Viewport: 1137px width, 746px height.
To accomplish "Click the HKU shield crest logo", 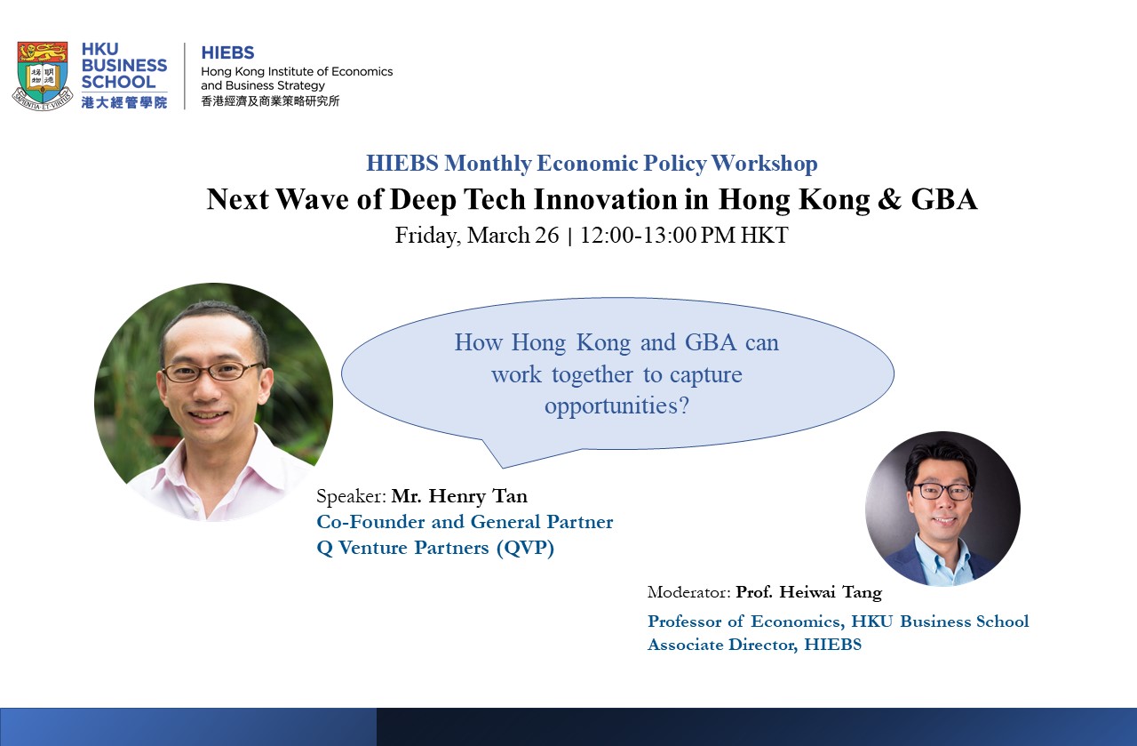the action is (43, 76).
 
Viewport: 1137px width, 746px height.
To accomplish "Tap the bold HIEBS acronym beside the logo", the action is (228, 52).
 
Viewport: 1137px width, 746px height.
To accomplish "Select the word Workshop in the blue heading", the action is (765, 164).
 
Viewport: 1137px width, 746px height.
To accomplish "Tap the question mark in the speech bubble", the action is (684, 405).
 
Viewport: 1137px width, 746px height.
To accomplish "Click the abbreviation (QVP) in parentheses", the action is (525, 548).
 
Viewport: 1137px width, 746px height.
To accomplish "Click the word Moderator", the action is (688, 592).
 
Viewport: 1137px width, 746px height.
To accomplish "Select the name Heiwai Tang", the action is (831, 592).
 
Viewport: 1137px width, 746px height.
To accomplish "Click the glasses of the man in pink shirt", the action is (211, 372).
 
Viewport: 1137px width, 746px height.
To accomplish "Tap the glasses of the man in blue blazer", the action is (942, 492).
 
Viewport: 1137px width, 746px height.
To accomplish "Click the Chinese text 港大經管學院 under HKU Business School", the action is (124, 102).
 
